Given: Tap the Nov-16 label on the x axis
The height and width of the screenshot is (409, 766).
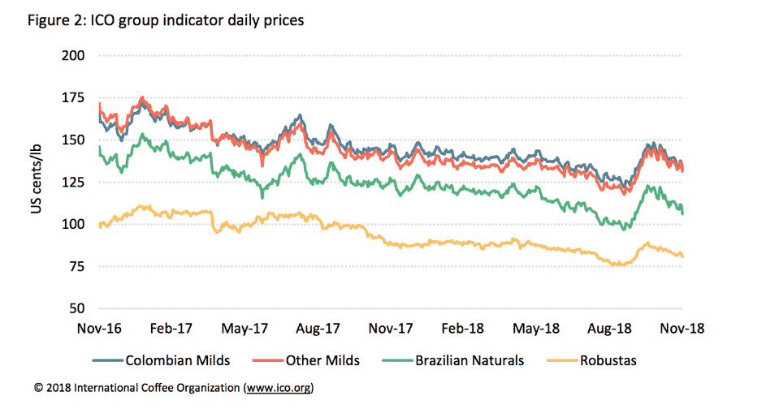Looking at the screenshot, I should pos(98,329).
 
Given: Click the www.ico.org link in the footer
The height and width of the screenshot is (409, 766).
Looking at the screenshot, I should pos(276,388).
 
